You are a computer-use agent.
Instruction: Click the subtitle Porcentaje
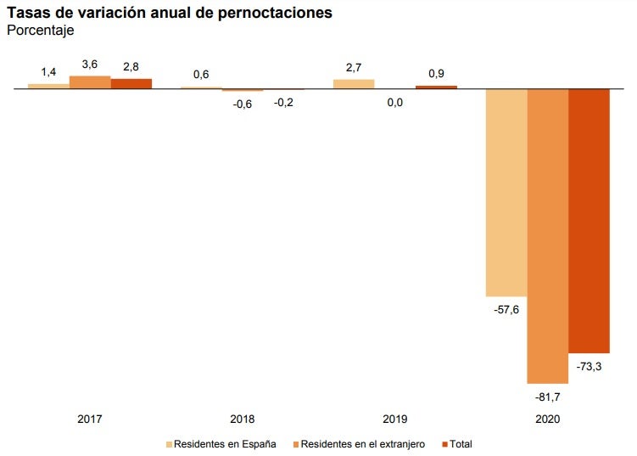click(40, 31)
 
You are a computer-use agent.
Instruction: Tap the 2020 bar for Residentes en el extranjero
click(547, 235)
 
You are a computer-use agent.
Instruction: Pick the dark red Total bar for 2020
click(589, 221)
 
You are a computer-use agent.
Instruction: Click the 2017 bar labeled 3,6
click(90, 82)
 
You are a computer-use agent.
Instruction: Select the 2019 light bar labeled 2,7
click(354, 84)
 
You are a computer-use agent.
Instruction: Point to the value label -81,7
click(547, 397)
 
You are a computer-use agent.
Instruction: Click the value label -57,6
click(506, 310)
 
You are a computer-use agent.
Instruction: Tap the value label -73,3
click(589, 367)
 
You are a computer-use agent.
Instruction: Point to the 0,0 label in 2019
click(394, 102)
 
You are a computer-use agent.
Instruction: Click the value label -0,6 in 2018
click(243, 104)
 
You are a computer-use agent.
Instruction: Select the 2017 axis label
click(90, 419)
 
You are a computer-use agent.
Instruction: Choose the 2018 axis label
click(243, 419)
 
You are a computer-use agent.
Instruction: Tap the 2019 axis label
click(394, 419)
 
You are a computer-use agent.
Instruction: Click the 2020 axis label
click(547, 419)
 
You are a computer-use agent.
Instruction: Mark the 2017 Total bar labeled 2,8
click(131, 83)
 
